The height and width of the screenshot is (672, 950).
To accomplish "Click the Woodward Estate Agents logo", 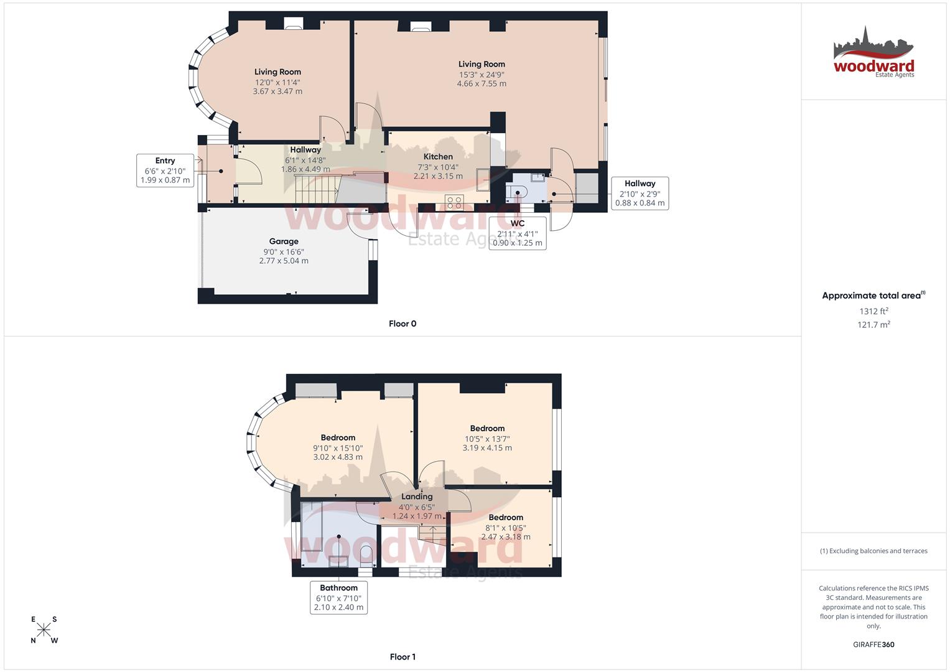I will pyautogui.click(x=873, y=53).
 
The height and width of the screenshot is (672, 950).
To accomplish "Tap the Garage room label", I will pyautogui.click(x=284, y=241).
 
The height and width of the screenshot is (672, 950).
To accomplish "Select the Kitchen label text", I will pyautogui.click(x=438, y=157).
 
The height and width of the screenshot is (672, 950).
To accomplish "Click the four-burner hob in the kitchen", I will pyautogui.click(x=454, y=202).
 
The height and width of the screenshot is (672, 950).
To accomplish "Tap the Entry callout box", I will pyautogui.click(x=165, y=170).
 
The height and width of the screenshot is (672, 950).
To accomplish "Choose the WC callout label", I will pyautogui.click(x=518, y=233).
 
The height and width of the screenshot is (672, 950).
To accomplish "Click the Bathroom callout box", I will pyautogui.click(x=338, y=597).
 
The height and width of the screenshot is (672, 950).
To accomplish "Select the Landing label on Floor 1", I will pyautogui.click(x=417, y=497).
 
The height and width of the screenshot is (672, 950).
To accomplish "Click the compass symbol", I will pyautogui.click(x=44, y=630).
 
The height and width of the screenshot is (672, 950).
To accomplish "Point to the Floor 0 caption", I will pyautogui.click(x=403, y=324).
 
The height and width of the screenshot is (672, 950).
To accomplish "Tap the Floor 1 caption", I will pyautogui.click(x=403, y=656).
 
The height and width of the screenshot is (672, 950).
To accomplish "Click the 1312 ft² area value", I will pyautogui.click(x=873, y=311).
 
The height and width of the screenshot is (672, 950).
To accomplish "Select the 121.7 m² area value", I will pyautogui.click(x=873, y=325).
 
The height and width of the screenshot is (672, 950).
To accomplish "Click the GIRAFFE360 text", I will pyautogui.click(x=873, y=645).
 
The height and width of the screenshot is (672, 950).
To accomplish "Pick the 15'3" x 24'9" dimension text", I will pyautogui.click(x=482, y=74).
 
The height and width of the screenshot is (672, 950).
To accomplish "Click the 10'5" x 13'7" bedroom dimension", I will pyautogui.click(x=487, y=439).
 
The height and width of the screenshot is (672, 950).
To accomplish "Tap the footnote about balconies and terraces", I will pyautogui.click(x=873, y=551).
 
